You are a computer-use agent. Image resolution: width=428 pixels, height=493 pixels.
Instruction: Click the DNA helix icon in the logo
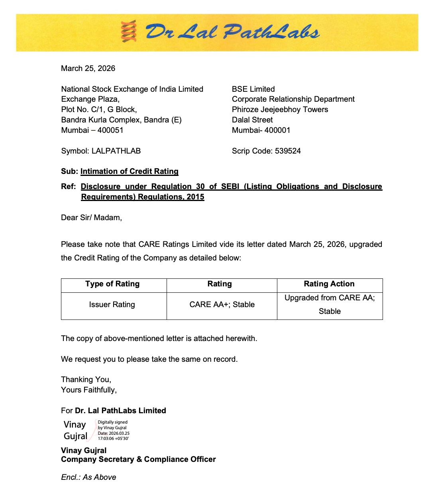pyautogui.click(x=129, y=32)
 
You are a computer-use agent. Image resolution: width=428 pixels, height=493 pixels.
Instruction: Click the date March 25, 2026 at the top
pyautogui.click(x=88, y=68)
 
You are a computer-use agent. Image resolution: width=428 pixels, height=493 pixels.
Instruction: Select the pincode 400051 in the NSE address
pyautogui.click(x=110, y=130)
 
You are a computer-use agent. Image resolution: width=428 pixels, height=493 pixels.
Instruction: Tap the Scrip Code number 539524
pyautogui.click(x=288, y=151)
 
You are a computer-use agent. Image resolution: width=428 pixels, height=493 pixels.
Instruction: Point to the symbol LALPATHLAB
pyautogui.click(x=116, y=151)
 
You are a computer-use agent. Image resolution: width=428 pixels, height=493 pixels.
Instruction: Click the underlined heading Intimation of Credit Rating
pyautogui.click(x=129, y=171)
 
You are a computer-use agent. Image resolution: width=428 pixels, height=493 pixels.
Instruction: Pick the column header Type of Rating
pyautogui.click(x=112, y=284)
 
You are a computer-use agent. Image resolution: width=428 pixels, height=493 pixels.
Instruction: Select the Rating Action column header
pyautogui.click(x=329, y=284)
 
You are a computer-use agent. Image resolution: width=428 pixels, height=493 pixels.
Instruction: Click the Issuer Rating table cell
pyautogui.click(x=112, y=304)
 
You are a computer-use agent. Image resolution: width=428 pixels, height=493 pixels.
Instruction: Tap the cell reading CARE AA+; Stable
pyautogui.click(x=222, y=304)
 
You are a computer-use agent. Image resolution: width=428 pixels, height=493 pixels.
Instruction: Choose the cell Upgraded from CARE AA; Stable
pyautogui.click(x=330, y=304)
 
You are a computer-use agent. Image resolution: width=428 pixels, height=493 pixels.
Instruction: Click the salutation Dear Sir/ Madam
pyautogui.click(x=91, y=217)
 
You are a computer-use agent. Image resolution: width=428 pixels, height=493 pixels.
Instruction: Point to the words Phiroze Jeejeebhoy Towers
pyautogui.click(x=280, y=109)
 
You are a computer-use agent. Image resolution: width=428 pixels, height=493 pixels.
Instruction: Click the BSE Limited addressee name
pyautogui.click(x=253, y=89)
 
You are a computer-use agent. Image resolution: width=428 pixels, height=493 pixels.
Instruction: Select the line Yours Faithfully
pyautogui.click(x=89, y=390)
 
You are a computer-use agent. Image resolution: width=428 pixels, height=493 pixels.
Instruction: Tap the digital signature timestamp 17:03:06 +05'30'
pyautogui.click(x=113, y=438)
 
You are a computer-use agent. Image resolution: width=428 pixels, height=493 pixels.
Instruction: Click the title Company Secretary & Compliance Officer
pyautogui.click(x=138, y=459)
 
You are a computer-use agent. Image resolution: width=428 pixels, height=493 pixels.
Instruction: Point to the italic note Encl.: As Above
pyautogui.click(x=88, y=477)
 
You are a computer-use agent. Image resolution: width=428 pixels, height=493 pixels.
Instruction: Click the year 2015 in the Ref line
pyautogui.click(x=195, y=197)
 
